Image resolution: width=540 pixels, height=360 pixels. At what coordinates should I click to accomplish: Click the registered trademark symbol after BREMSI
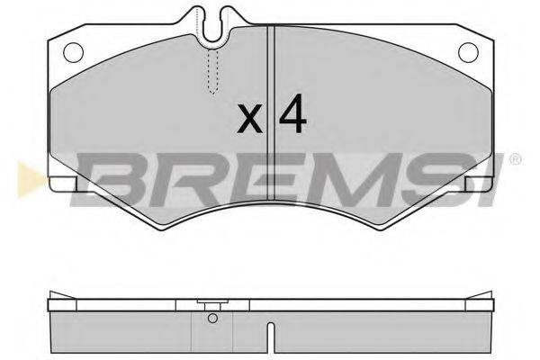pos(514,160)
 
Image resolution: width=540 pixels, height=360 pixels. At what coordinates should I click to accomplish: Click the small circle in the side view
pos(212,318)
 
